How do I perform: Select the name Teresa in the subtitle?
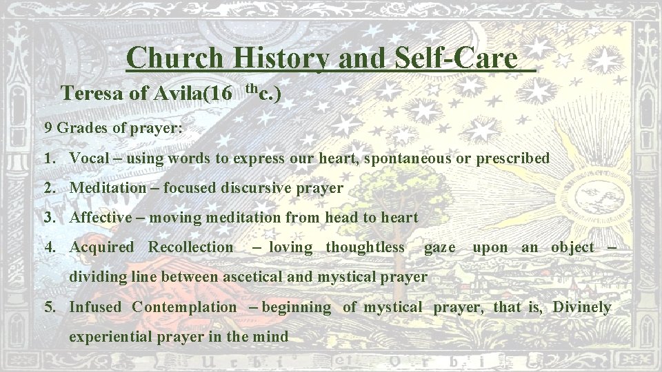92,93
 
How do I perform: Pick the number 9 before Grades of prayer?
48,127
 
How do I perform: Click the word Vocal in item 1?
90,158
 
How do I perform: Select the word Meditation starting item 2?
108,187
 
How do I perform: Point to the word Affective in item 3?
101,217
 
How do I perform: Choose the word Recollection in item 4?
191,247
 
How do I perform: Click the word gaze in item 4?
439,247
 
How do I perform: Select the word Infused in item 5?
95,307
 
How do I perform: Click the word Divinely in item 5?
582,307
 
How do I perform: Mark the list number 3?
48,217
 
